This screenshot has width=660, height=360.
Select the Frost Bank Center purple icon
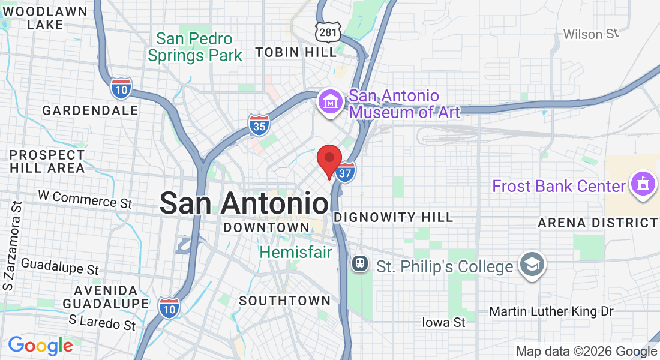click(x=643, y=185)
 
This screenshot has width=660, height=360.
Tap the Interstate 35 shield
click(x=259, y=124)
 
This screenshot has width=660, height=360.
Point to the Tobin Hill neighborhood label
click(x=296, y=53)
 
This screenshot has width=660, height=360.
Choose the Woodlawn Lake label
click(x=45, y=18)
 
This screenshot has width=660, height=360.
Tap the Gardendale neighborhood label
click(x=91, y=110)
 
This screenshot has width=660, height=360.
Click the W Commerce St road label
click(x=85, y=199)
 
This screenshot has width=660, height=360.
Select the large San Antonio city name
click(x=245, y=203)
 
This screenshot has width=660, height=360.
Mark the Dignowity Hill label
click(x=394, y=217)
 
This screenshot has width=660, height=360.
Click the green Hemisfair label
click(x=296, y=252)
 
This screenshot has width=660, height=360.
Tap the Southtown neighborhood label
click(x=284, y=301)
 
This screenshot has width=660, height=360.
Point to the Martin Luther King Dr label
click(x=551, y=311)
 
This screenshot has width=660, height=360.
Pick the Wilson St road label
click(x=590, y=34)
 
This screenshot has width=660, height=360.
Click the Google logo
click(x=40, y=346)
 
